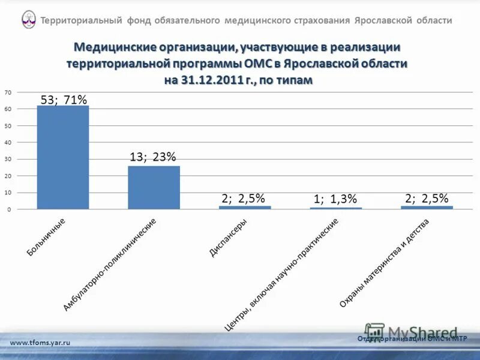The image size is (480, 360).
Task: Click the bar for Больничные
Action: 62,157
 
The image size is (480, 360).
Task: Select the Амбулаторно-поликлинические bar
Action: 154,187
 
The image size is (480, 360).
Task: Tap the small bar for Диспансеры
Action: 245,207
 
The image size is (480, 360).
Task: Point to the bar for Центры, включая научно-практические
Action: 336,208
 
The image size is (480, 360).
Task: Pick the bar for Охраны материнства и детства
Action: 427,207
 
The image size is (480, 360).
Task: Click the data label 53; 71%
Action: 64,100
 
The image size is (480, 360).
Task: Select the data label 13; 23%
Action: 153,157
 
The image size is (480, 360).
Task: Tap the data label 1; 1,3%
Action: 335,199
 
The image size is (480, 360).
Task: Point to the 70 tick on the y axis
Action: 7,92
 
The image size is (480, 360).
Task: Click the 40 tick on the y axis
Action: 7,143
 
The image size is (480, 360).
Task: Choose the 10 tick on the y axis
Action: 7,193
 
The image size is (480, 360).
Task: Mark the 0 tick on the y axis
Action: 8,209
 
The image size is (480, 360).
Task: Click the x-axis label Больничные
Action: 46,238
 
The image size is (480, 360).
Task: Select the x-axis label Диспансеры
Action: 228,238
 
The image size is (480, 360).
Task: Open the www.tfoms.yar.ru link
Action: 40,342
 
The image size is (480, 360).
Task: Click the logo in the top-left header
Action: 28,20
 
